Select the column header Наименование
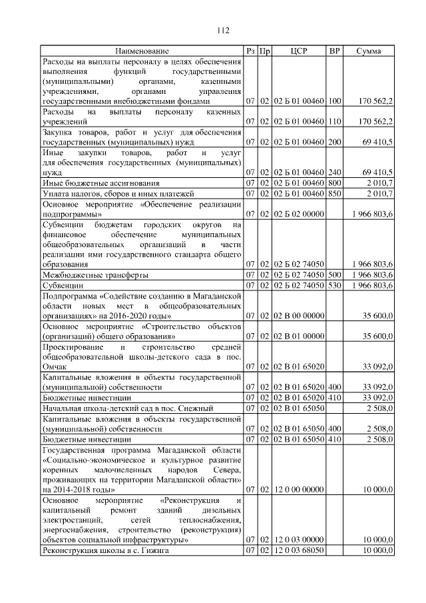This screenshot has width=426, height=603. pos(141,51)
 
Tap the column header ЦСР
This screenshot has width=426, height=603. pos(299,51)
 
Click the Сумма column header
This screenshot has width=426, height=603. pos(368,51)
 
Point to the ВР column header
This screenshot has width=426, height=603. pos(335,51)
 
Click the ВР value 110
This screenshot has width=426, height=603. pos(335,121)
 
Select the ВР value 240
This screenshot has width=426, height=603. pos(335,171)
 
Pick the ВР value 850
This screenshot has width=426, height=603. pos(335,193)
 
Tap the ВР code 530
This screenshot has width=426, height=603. pos(335,285)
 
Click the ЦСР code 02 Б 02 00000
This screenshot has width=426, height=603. pos(299,214)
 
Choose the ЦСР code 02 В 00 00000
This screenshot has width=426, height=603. pos(299,315)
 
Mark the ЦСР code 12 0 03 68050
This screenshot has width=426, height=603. pos(299,551)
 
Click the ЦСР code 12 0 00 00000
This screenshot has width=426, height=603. pos(299,489)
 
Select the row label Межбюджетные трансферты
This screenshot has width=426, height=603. pos(95,275)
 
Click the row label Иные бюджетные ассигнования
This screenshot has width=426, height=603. pos(101,183)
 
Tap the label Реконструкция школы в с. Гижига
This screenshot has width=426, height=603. pos(106,551)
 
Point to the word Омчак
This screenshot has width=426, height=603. pos(56,366)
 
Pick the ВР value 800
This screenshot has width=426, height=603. pos(335,183)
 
